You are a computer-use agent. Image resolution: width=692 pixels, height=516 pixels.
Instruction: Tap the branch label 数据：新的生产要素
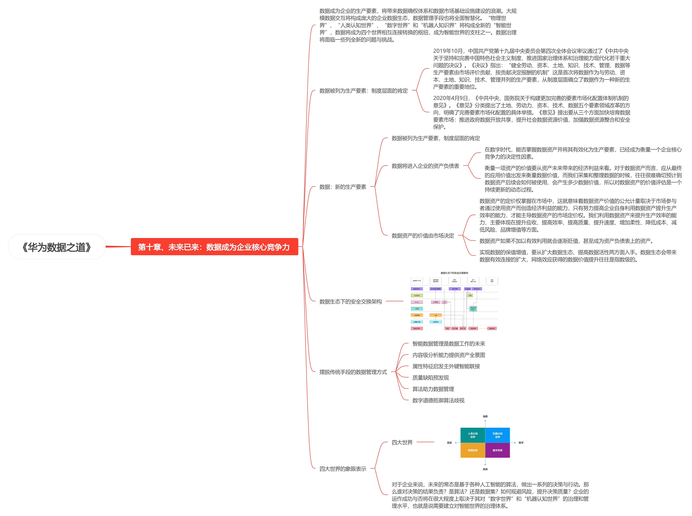pos(343,187)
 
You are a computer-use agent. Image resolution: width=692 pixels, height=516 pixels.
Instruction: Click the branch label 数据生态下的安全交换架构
pos(350,301)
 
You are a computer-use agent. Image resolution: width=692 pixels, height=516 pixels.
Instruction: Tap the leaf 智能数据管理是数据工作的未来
pos(449,344)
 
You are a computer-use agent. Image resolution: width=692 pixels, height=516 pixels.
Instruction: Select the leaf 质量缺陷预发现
pos(430,378)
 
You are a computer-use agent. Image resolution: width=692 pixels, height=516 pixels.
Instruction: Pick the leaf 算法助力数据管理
pos(433,389)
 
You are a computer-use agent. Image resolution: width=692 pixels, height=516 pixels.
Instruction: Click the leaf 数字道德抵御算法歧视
pos(438,400)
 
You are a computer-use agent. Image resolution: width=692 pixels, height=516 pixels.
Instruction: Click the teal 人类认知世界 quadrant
pos(473,435)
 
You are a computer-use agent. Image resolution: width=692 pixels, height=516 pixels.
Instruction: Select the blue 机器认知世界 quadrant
pos(497,435)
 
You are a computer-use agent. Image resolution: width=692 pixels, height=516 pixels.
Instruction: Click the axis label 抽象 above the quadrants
pos(485,416)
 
